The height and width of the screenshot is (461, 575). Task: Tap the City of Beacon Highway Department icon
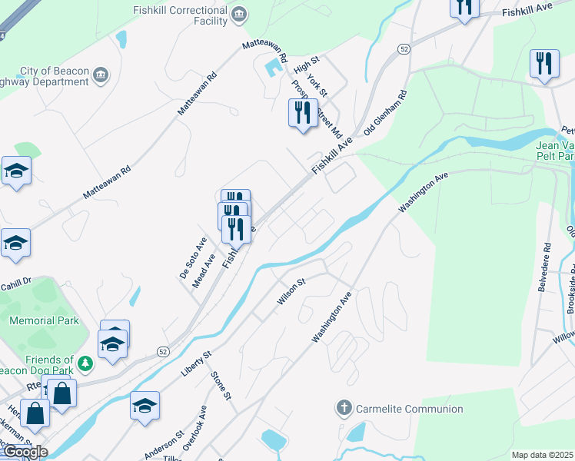(101, 75)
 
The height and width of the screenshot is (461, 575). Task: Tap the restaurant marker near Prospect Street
(302, 113)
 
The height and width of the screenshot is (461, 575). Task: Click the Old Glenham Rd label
(385, 114)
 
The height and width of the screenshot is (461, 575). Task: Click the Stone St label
(221, 386)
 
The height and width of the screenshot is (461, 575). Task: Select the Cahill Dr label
(15, 282)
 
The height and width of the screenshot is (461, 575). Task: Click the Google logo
(25, 452)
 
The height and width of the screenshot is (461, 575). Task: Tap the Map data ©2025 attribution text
(543, 455)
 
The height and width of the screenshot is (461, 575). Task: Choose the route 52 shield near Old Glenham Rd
(404, 48)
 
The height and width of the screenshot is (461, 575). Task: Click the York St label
(317, 85)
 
